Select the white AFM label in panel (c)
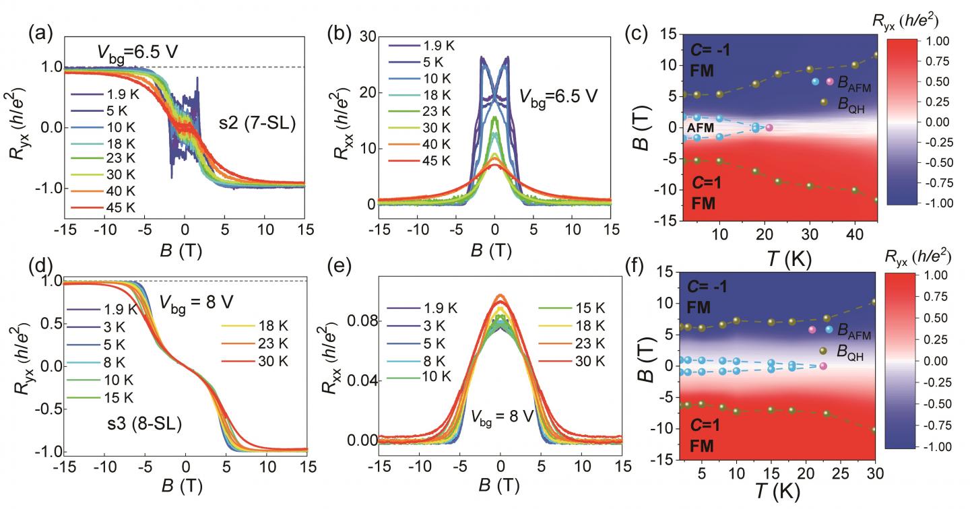click(701, 127)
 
